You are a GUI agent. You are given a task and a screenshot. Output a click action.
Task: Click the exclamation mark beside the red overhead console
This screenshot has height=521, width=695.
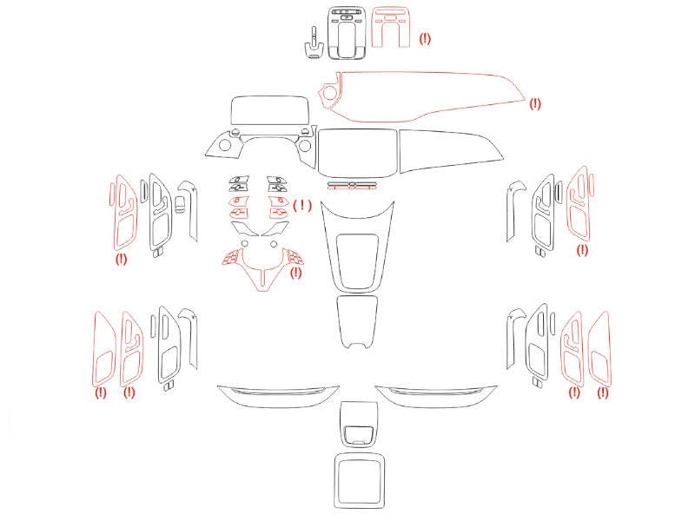pos(425,38)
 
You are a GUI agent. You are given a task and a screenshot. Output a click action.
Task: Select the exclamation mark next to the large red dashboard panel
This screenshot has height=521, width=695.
pos(535,103)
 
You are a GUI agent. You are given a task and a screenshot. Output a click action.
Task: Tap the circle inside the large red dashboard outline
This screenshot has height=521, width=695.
pos(330,93)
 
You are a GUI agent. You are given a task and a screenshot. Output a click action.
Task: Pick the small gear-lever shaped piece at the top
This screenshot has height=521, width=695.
pos(314,44)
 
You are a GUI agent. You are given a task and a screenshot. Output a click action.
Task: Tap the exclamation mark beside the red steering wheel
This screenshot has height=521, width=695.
pos(295,273)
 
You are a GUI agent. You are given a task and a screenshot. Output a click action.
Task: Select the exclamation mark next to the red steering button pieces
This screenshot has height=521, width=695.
pos(302,205)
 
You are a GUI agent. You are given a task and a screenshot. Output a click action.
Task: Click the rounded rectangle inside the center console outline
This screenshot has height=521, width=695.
pos(337,261)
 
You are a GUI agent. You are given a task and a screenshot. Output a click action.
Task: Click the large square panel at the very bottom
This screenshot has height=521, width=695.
pos(335,481)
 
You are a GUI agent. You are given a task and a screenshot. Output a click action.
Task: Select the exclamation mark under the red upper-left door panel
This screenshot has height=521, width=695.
pos(121,259)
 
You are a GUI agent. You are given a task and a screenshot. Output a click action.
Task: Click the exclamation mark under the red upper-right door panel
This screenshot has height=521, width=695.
pos(582,250)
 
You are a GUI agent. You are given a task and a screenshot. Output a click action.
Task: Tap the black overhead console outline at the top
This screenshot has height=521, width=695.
pos(330,33)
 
